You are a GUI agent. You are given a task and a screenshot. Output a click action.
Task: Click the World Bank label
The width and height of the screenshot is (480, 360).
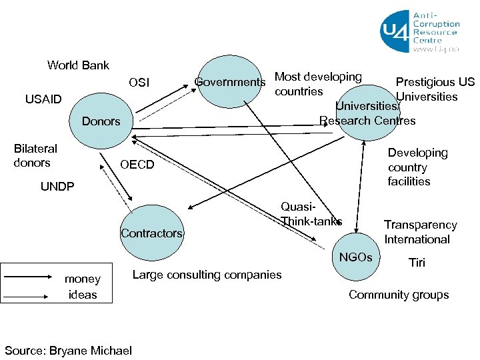point(78,65)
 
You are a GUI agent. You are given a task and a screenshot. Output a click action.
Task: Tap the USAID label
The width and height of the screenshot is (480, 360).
point(43,100)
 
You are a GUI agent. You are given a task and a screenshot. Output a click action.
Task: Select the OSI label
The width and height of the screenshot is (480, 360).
point(139,83)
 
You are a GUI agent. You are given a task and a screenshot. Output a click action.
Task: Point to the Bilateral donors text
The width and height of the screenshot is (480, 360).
point(35,155)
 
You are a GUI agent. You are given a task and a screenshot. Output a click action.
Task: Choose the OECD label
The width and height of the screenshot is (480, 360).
point(136,165)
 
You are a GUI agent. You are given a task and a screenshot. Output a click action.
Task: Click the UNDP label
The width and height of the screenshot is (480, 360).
point(59,187)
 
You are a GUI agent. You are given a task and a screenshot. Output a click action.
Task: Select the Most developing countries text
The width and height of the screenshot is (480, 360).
point(317,84)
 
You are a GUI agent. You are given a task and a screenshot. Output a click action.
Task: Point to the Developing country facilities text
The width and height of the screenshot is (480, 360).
point(417,167)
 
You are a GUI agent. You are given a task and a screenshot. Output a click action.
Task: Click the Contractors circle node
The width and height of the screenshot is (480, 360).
point(151,232)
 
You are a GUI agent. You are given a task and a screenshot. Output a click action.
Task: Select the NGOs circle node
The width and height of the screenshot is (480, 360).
point(357,257)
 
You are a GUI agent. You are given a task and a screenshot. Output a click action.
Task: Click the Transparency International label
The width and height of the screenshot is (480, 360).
point(420,232)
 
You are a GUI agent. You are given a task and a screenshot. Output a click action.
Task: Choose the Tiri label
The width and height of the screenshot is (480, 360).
point(417,263)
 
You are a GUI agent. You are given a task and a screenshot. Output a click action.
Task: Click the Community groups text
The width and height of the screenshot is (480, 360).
point(399,295)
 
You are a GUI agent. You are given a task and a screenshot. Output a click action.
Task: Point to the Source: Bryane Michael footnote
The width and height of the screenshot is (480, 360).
point(68,351)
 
